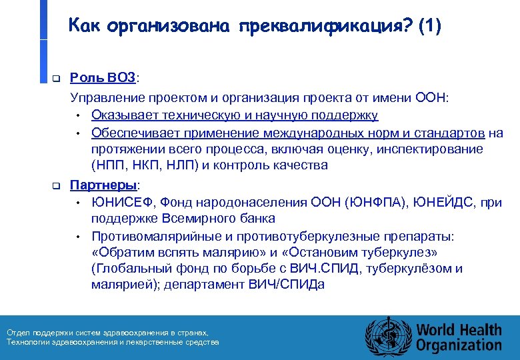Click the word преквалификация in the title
(321, 27)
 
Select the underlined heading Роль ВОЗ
(103, 79)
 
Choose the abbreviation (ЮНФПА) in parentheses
(380, 201)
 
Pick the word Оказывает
(124, 115)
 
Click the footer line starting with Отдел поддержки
(107, 332)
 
